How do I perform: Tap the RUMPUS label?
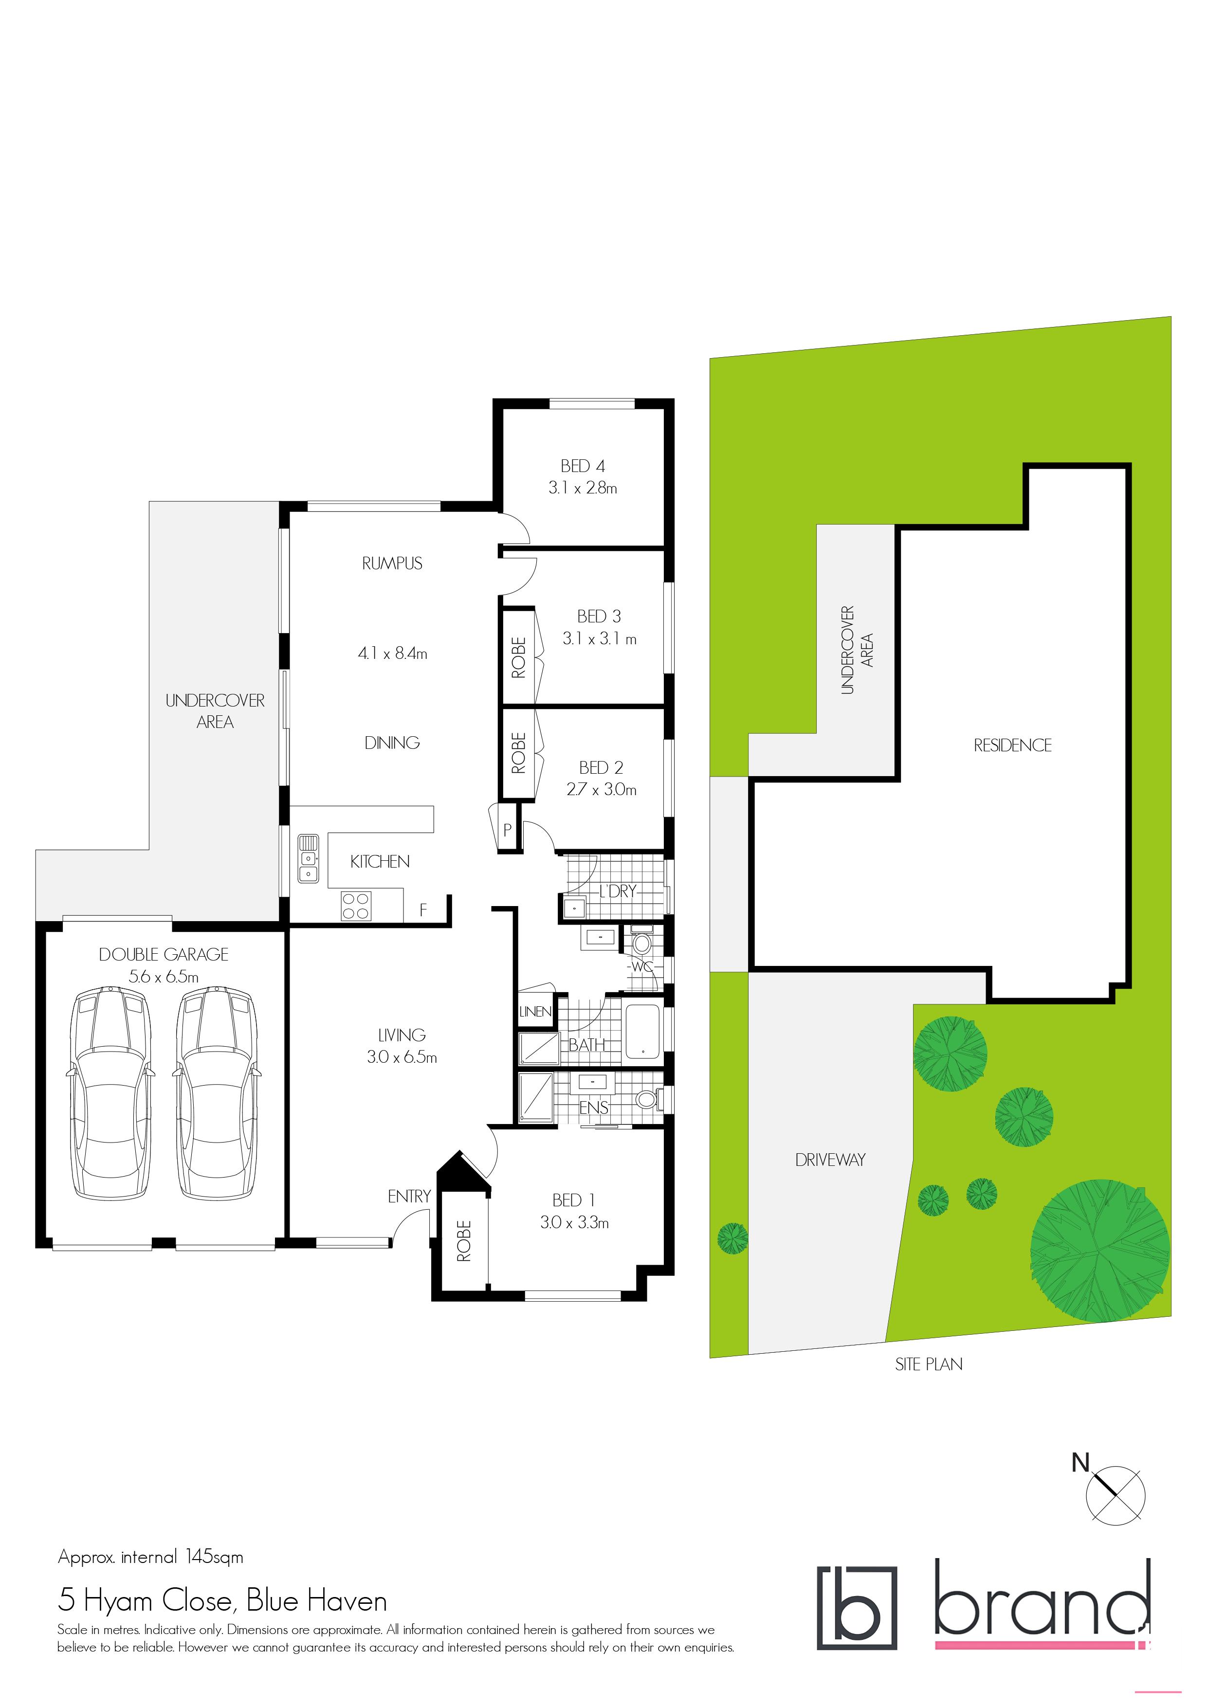392,563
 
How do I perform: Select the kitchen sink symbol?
309,859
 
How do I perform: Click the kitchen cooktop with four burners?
355,906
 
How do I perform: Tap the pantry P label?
507,831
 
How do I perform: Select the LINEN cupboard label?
535,1012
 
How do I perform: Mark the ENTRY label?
409,1196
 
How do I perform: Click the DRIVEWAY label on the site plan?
830,1160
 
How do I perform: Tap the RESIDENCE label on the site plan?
1012,745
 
